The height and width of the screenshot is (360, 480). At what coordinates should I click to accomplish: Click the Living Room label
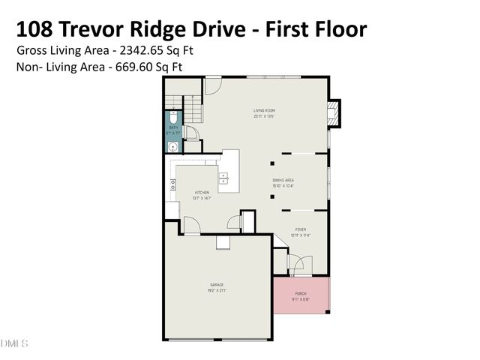coord(263,111)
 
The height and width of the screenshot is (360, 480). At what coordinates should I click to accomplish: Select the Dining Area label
coord(283,180)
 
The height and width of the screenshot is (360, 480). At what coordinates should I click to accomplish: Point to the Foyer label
coord(300,230)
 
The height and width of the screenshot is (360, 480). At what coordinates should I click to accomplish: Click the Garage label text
coord(217,284)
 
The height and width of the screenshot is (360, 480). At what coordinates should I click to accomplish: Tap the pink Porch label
coord(301,293)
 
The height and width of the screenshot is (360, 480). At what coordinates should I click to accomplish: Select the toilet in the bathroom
coord(172,118)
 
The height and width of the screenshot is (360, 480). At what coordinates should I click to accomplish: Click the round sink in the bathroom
coord(172,147)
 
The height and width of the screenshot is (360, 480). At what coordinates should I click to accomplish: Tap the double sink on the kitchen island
coord(223,178)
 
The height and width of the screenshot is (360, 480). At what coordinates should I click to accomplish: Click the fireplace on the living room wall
coord(334,112)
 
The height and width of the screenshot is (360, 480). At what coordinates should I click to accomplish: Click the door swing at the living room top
coord(212,85)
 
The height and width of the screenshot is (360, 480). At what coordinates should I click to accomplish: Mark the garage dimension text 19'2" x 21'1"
coord(217,290)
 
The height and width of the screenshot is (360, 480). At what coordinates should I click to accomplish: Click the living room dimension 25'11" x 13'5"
coord(263,116)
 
